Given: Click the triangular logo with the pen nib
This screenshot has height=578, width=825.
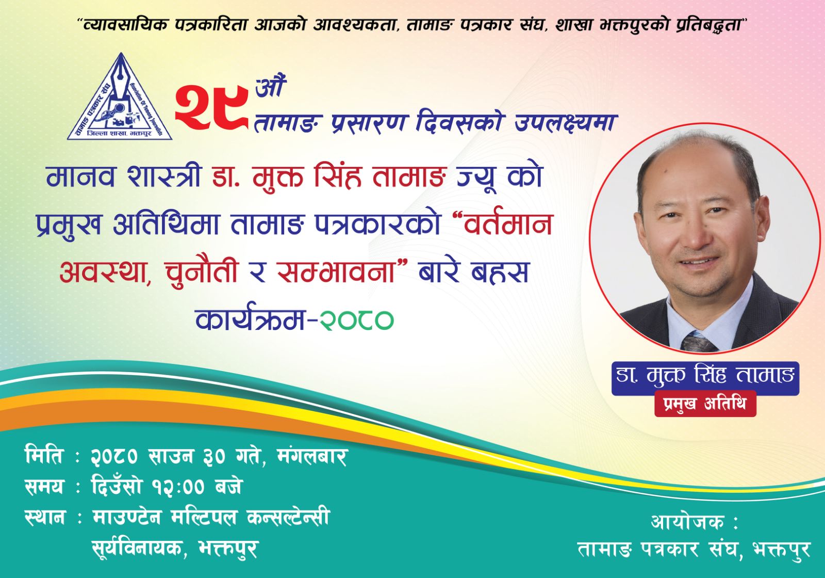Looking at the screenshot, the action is [120, 98].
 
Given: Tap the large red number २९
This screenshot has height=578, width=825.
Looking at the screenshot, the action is [211, 106].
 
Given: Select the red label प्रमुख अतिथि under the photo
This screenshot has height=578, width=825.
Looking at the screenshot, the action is [705, 404].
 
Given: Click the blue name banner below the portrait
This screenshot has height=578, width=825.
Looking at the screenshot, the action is [705, 378].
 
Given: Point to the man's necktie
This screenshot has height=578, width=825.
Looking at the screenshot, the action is [698, 342].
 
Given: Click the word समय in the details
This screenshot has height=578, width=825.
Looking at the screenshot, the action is [44, 487].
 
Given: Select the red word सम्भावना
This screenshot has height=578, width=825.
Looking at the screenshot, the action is [336, 272].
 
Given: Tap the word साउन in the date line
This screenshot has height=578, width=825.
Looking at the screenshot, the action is [171, 456].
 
